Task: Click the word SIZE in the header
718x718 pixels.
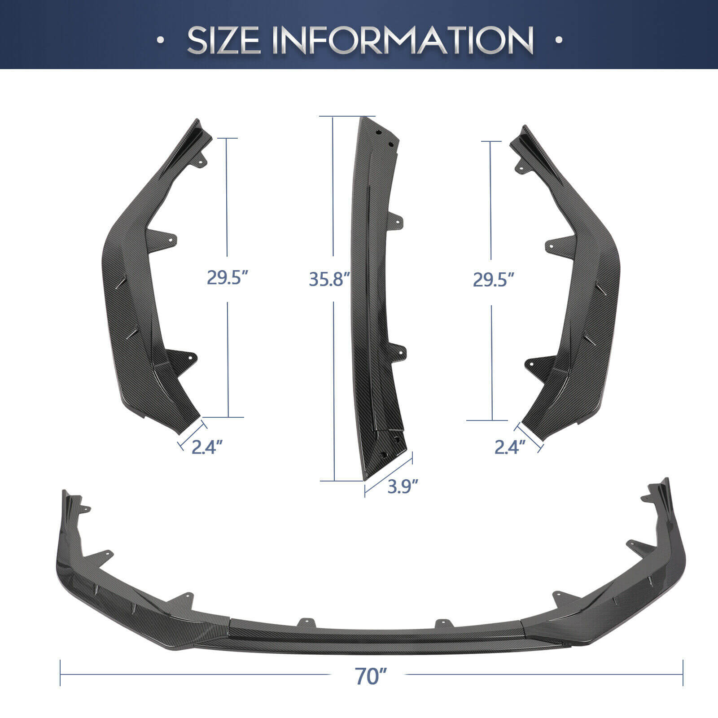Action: (223, 40)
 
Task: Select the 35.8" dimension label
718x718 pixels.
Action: (329, 279)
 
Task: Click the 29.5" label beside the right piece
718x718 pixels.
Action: (493, 280)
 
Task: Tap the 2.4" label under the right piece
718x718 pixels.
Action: (510, 447)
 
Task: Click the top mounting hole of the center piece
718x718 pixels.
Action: (379, 133)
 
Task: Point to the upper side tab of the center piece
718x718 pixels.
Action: (398, 219)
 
